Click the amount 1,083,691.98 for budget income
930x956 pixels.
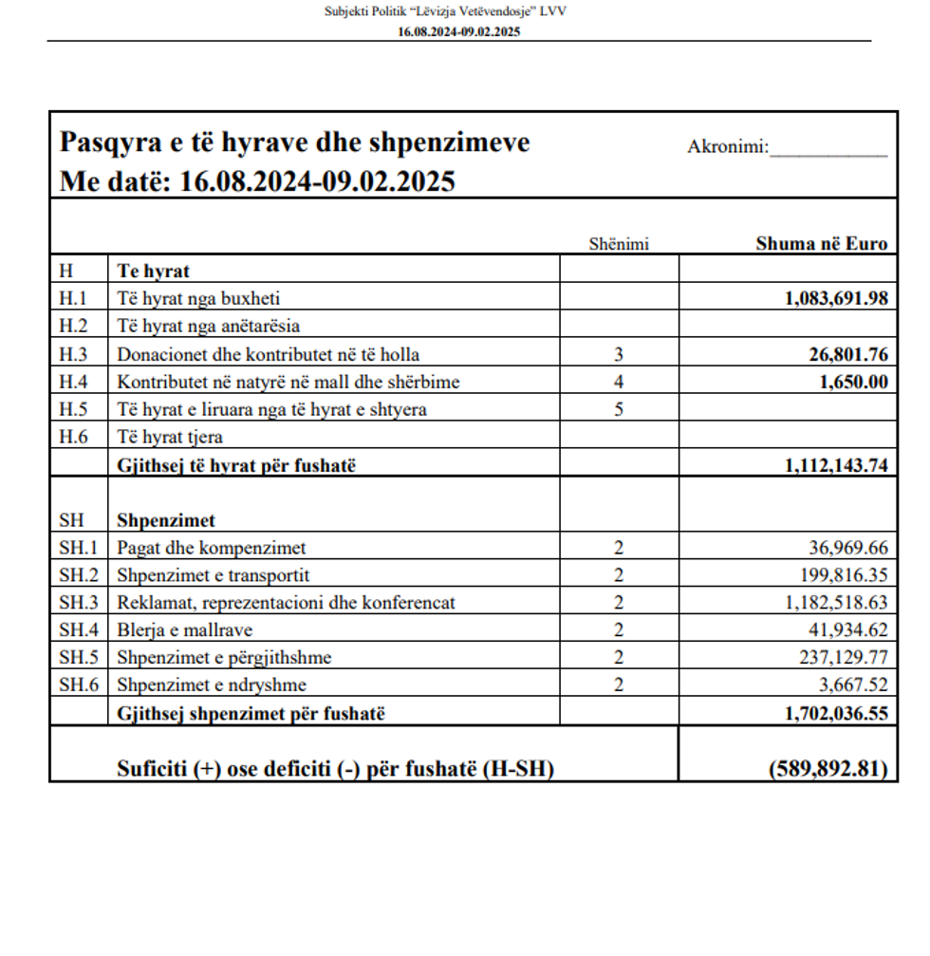835,298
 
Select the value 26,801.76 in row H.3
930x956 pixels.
848,354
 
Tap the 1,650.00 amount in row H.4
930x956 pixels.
853,382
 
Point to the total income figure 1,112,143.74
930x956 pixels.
836,465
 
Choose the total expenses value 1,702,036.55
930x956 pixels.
836,713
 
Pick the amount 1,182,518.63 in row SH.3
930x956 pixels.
837,602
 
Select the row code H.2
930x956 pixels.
73,326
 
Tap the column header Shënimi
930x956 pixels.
619,244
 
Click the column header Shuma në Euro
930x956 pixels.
821,243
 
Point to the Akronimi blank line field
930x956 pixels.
828,149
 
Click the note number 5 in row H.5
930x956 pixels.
619,410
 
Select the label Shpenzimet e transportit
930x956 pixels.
213,574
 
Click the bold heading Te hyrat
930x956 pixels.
153,271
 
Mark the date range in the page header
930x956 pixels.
459,30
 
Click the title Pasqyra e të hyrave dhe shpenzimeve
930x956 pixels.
294,142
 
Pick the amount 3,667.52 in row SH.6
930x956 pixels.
852,684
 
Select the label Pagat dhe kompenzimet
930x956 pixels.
211,547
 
